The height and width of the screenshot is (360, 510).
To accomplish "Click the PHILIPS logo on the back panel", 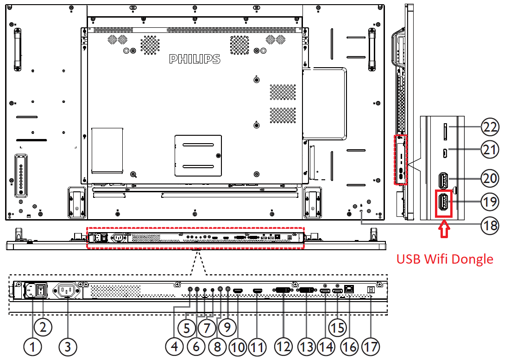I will coord(195,59).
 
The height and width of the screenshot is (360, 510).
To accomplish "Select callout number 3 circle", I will coord(68,346).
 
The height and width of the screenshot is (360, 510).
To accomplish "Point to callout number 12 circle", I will coord(283,346).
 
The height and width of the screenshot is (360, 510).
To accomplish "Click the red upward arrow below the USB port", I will coord(444,230).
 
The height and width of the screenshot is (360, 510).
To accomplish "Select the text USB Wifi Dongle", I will coord(445,259).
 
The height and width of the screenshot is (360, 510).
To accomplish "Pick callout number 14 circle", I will coord(326,346).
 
